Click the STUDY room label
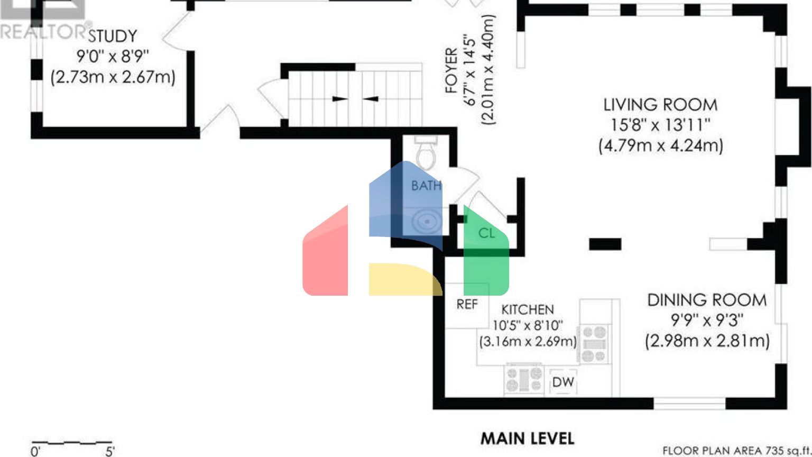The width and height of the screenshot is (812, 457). pos(113,36)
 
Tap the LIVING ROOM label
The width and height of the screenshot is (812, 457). pos(660,105)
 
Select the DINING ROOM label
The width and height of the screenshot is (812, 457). pos(707,300)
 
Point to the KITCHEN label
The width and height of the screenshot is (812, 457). pos(528,310)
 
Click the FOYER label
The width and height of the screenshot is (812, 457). pos(451,70)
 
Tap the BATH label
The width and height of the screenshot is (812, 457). pos(426,186)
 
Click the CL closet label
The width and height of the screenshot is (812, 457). pos(486,233)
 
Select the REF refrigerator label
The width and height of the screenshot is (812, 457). pos(467,304)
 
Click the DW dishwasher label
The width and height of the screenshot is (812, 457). pos(563,382)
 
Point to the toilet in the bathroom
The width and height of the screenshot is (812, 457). pos(426,152)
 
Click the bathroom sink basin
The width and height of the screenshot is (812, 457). pos(427,221)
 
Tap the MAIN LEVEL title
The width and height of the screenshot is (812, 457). pos(528,438)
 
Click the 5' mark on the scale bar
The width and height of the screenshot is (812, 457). pos(110,452)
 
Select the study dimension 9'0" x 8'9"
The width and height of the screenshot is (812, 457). pos(113,57)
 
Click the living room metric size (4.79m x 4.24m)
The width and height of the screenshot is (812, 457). pos(661,146)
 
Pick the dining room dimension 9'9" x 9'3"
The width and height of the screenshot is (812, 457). pos(707,320)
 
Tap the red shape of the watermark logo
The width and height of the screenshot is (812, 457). pos(325,250)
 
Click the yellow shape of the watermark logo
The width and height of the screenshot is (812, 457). pos(405,279)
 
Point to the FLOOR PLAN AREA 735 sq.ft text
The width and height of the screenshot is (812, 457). pos(736,451)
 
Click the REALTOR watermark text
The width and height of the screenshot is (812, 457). pos(43,32)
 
